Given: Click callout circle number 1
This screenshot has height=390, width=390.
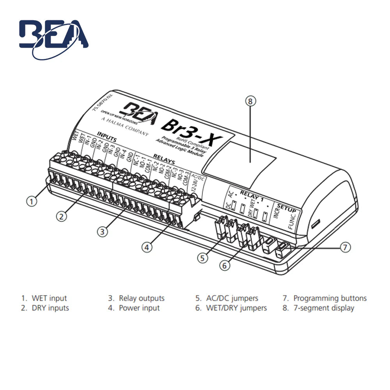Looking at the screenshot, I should (x=32, y=202).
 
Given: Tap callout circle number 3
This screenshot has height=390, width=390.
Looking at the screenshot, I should (x=102, y=231).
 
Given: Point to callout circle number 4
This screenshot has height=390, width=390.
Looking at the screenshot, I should (x=147, y=247).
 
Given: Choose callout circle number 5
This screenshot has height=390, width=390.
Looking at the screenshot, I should (x=202, y=257).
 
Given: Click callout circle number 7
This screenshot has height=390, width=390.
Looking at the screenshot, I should (x=345, y=247).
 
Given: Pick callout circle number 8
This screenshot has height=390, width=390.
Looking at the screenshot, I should (x=251, y=101).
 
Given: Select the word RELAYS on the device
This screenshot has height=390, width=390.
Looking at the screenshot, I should (x=164, y=159).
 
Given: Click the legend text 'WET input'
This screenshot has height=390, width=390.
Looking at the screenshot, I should (x=49, y=298).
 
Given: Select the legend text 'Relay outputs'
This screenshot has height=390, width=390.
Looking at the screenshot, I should (x=142, y=298).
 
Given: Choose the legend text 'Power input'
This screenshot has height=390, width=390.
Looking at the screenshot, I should (x=139, y=308).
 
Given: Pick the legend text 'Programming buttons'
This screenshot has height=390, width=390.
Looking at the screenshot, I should (x=330, y=298).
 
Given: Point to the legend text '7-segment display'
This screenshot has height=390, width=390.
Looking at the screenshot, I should (x=324, y=308).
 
